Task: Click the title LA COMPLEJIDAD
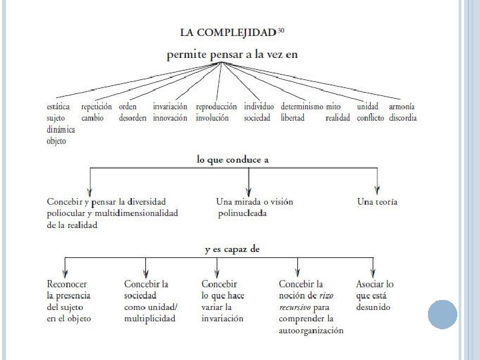tap(227, 32)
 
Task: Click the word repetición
tap(97, 107)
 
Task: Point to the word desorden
tap(133, 118)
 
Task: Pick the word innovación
tap(170, 118)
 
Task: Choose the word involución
tap(212, 118)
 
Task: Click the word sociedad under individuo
tap(257, 118)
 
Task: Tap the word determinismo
tap(302, 107)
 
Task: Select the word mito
tap(333, 107)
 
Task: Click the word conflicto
tap(371, 118)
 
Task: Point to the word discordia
tap(403, 118)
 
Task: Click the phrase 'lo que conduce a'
tap(233, 160)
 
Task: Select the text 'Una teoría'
tap(377, 201)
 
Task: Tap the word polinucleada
tap(242, 213)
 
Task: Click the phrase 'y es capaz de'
tap(232, 249)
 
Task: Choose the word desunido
tap(373, 307)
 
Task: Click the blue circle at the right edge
tap(442, 314)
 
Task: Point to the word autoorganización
tap(311, 331)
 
